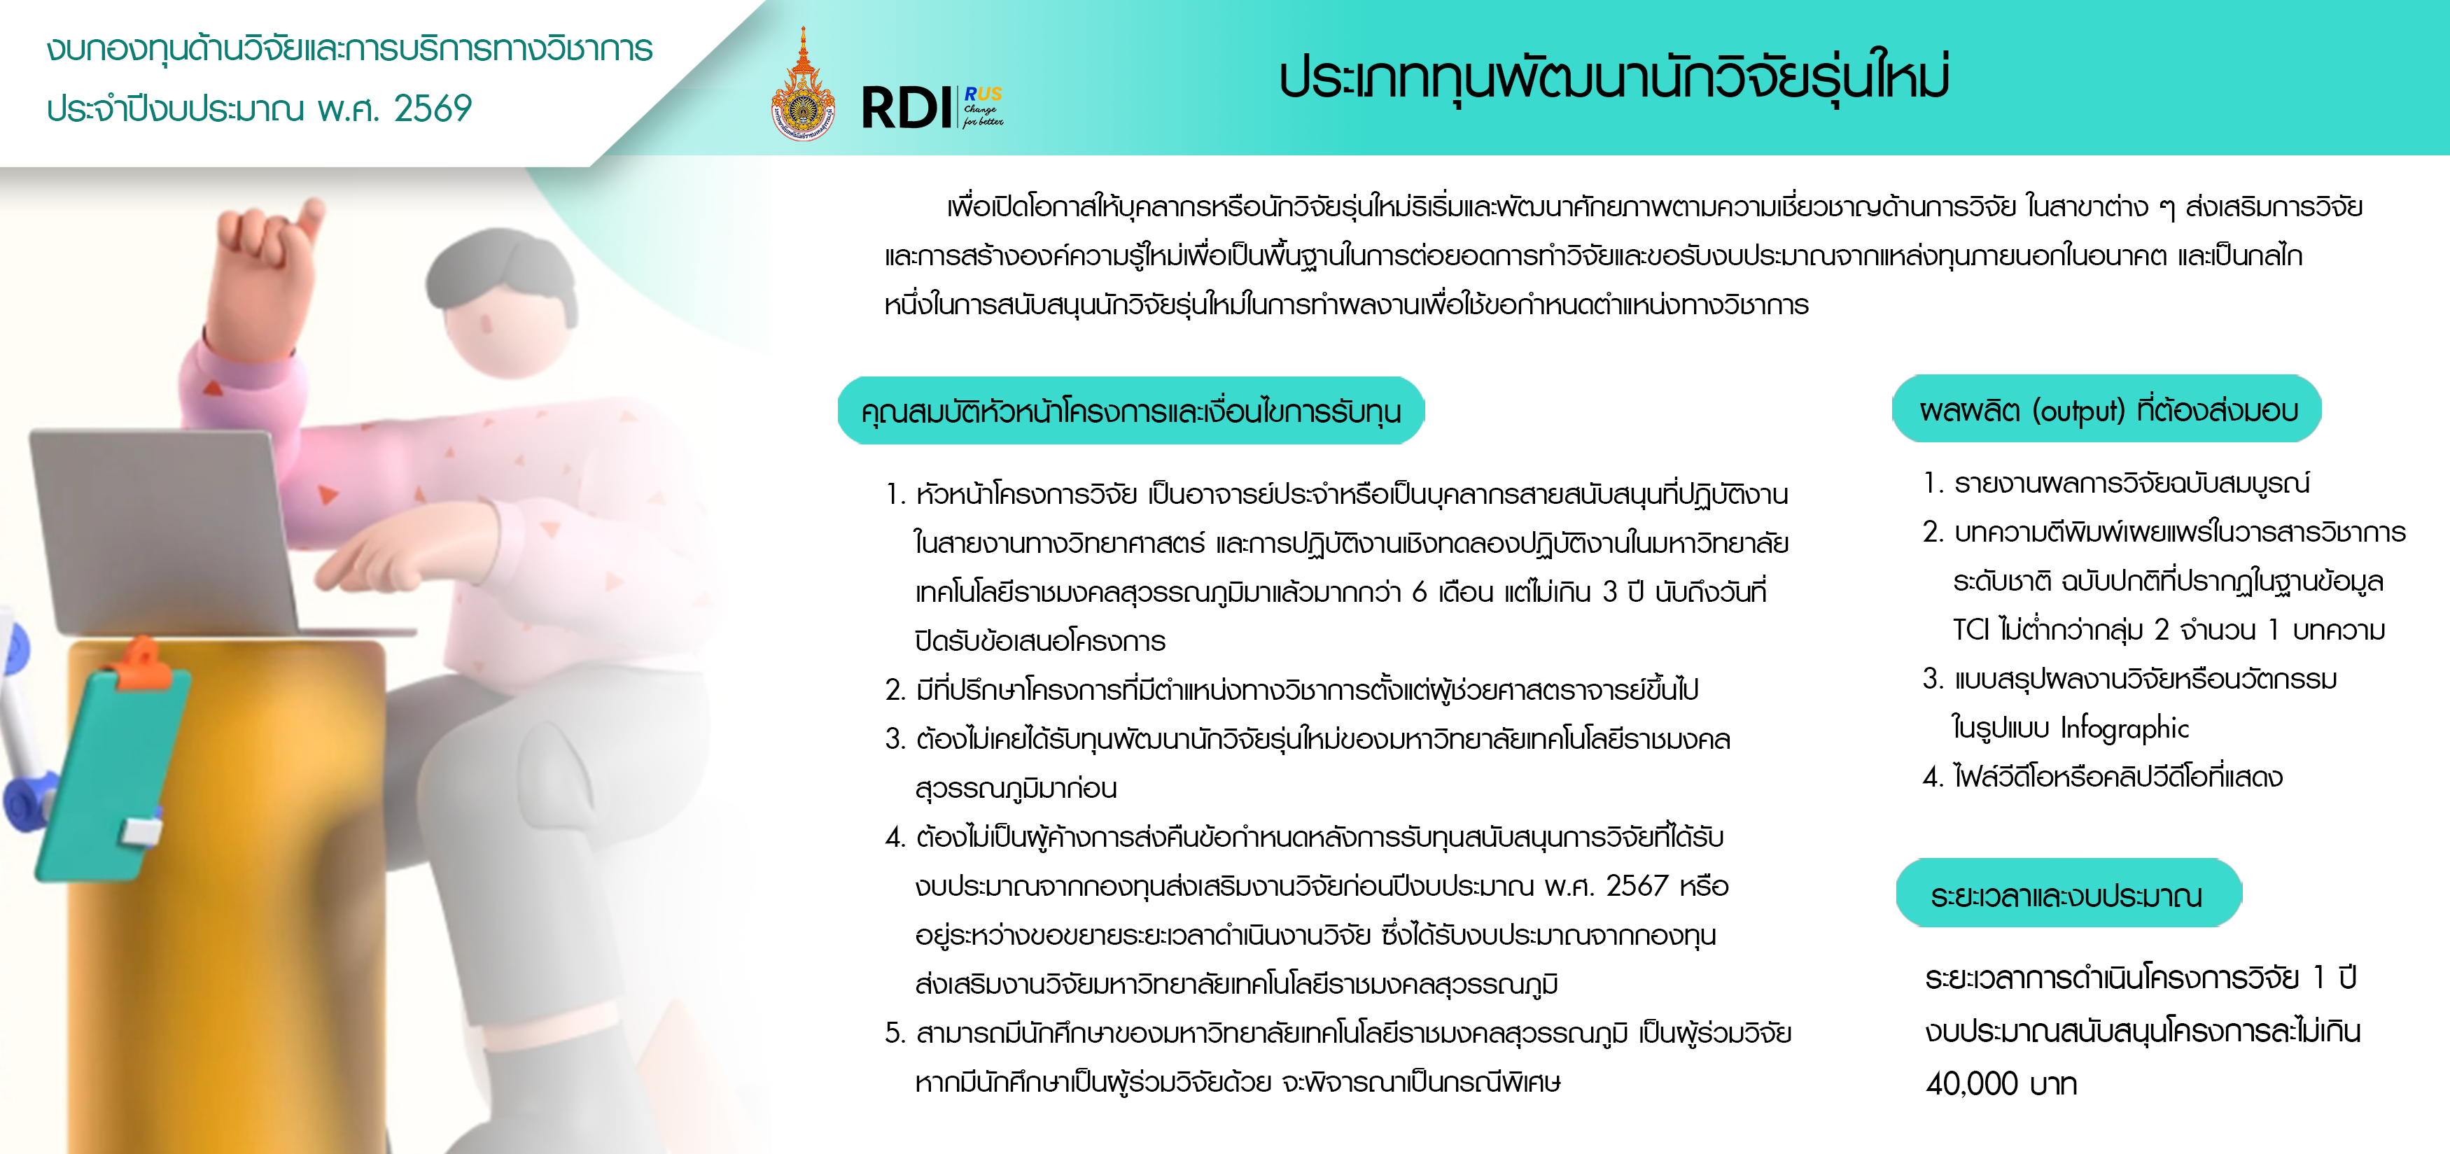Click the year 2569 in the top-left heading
pos(433,108)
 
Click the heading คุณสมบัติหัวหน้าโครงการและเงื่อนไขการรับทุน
pos(1130,411)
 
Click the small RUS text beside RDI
pos(983,94)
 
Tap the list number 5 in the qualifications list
pos(893,1033)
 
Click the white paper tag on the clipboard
pos(141,830)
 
